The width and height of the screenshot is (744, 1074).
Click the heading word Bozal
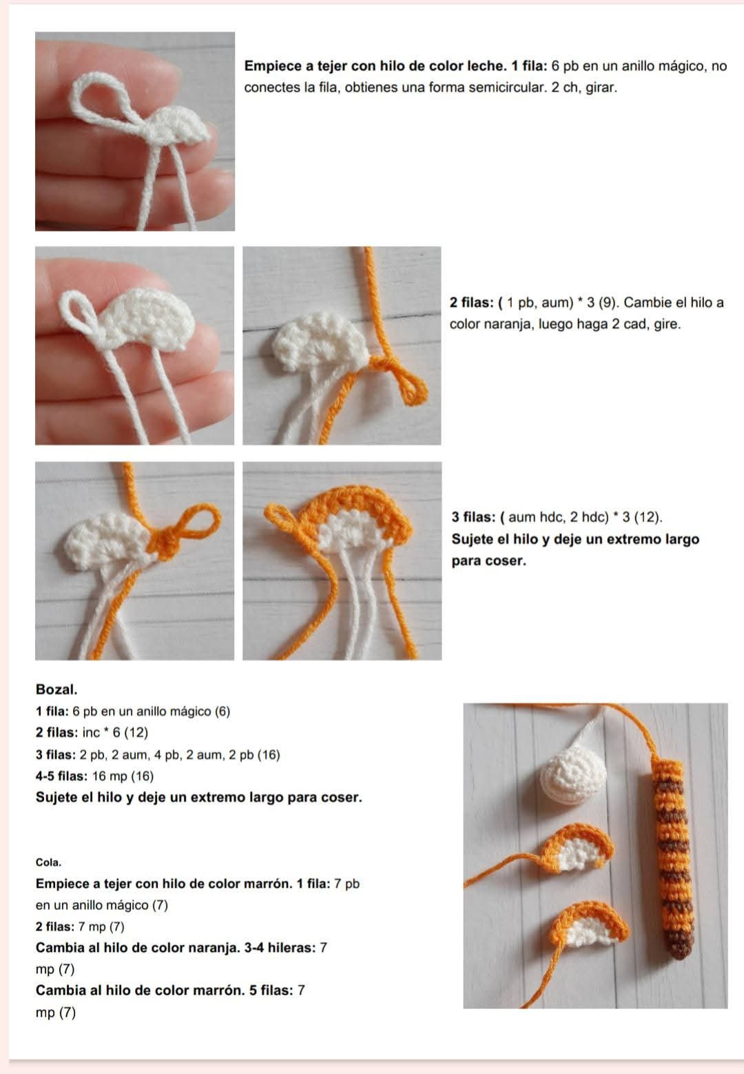[56, 690]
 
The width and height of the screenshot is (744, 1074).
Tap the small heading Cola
[48, 862]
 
